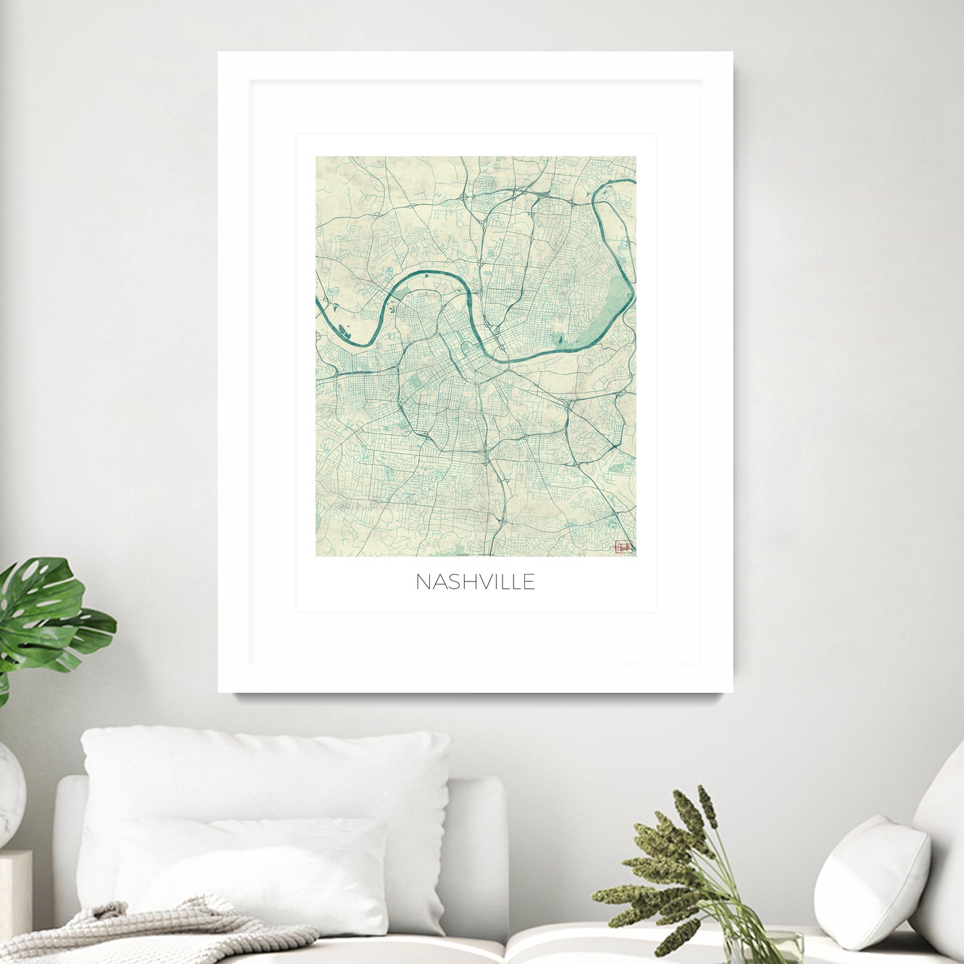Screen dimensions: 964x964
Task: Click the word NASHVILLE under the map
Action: pos(476,582)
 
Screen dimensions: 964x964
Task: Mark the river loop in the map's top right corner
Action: pos(614,212)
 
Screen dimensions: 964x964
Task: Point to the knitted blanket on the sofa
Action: pos(148,932)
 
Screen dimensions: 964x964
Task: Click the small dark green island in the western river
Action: pos(343,333)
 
